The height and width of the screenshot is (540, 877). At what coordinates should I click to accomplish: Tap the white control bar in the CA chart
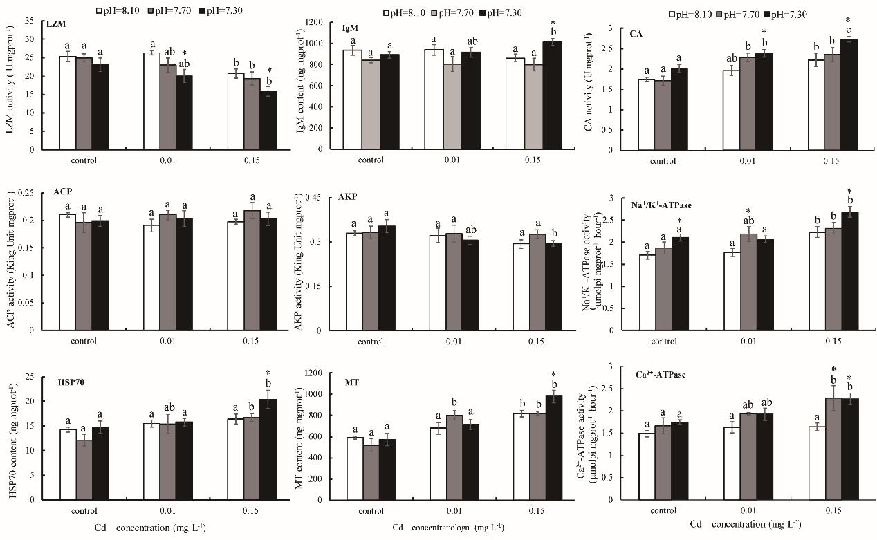pos(647,114)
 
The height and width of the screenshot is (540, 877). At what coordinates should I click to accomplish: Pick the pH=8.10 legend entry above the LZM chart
pos(122,10)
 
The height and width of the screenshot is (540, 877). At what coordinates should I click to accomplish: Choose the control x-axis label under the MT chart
pos(371,512)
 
